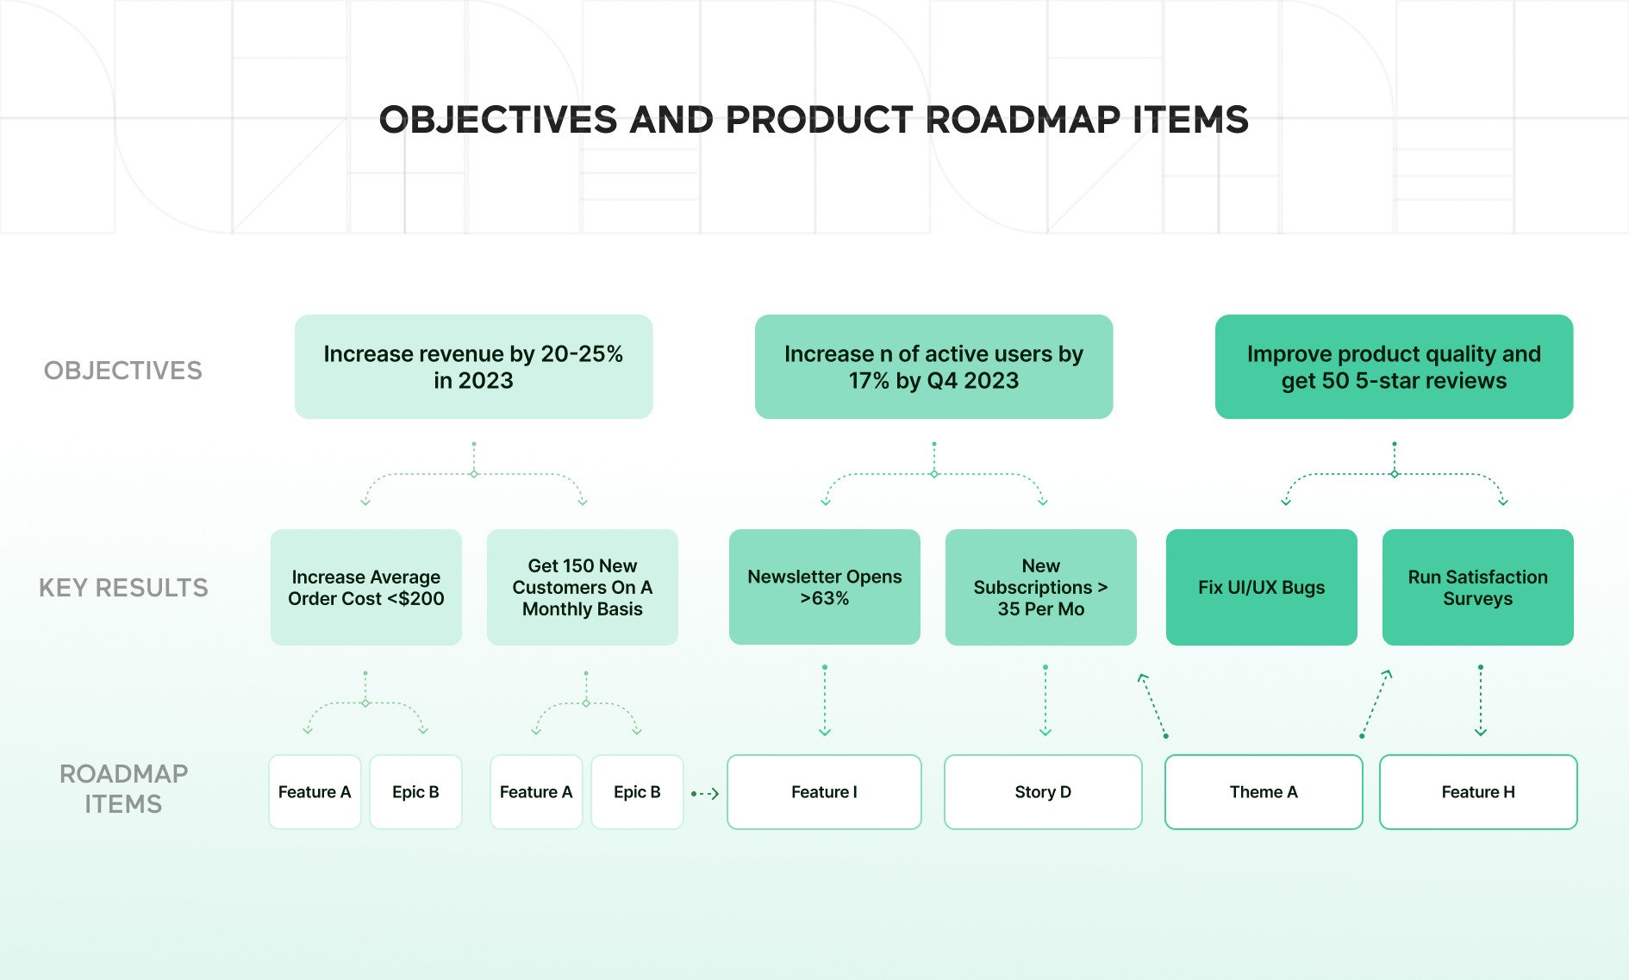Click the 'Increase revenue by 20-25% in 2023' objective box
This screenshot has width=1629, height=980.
click(x=473, y=367)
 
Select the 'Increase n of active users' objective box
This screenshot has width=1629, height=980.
click(x=933, y=367)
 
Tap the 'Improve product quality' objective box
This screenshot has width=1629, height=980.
click(x=1394, y=367)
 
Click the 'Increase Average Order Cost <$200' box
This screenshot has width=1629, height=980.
click(x=365, y=587)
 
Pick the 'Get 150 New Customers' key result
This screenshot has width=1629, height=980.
click(x=582, y=587)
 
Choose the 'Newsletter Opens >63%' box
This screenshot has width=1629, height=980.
click(x=824, y=587)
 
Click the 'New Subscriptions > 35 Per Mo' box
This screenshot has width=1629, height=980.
click(x=1040, y=587)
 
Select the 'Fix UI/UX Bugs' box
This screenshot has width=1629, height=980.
click(x=1261, y=587)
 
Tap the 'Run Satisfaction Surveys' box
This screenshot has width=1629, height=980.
click(x=1477, y=587)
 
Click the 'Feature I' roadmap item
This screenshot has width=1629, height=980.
click(x=824, y=792)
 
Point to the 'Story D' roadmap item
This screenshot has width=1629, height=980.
click(x=1043, y=792)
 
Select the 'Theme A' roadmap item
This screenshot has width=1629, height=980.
click(x=1264, y=792)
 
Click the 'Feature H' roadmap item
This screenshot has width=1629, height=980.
click(x=1478, y=792)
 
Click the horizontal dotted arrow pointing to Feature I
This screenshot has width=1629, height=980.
click(x=705, y=793)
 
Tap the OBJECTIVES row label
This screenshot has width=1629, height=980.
click(x=123, y=371)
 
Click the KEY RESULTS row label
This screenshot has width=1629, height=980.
click(x=123, y=588)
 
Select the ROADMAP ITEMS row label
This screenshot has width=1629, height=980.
click(x=123, y=789)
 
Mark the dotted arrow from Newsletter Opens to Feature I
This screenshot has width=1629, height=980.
click(x=825, y=701)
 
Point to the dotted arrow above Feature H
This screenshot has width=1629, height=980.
click(x=1481, y=701)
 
